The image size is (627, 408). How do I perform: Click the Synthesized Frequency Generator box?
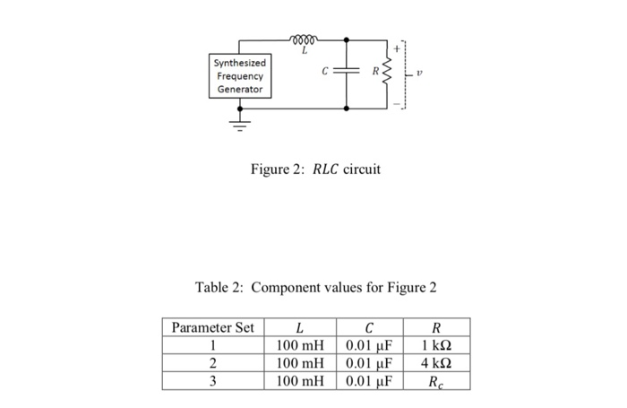(237, 76)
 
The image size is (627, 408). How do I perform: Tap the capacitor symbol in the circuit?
(348, 74)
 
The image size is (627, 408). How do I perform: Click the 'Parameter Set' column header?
(212, 328)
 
